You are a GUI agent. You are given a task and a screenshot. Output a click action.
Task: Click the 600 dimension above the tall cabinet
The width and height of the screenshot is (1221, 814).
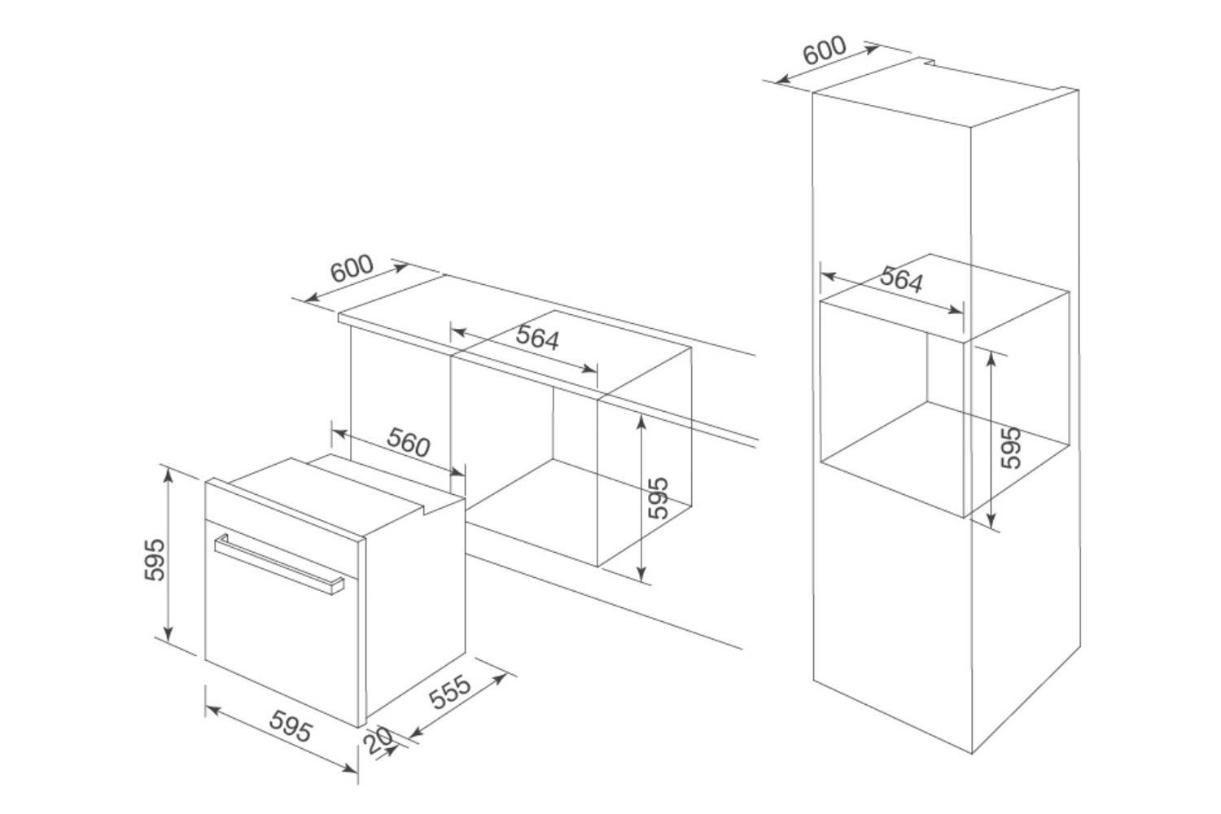[825, 50]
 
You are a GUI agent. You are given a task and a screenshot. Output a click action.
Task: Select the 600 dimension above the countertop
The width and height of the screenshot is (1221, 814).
[352, 269]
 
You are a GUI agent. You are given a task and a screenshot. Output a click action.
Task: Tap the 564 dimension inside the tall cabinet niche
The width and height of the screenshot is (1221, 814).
[902, 280]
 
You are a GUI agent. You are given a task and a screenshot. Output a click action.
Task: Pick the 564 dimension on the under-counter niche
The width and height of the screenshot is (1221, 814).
[537, 338]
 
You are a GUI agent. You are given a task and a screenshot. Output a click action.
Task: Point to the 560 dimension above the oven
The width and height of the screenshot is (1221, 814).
[409, 442]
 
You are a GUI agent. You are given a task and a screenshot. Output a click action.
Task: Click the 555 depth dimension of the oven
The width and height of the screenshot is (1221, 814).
[449, 693]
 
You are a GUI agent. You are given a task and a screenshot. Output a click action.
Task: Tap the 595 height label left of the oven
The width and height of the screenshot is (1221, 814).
[155, 560]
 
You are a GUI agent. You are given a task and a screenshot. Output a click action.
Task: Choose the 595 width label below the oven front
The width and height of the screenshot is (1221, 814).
[291, 725]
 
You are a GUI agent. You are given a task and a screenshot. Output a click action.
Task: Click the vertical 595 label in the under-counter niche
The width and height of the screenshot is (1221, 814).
[659, 498]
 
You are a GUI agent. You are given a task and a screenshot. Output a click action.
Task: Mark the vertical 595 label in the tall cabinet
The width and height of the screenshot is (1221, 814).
[1011, 448]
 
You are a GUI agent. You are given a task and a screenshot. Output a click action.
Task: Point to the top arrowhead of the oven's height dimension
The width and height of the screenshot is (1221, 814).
[168, 475]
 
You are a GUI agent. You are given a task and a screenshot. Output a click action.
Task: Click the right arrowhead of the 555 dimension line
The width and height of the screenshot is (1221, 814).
[499, 679]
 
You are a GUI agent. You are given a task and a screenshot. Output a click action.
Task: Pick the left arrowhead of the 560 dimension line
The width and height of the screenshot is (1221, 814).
[339, 433]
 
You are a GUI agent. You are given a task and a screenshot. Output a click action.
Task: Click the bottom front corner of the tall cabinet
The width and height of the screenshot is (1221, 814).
[972, 754]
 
